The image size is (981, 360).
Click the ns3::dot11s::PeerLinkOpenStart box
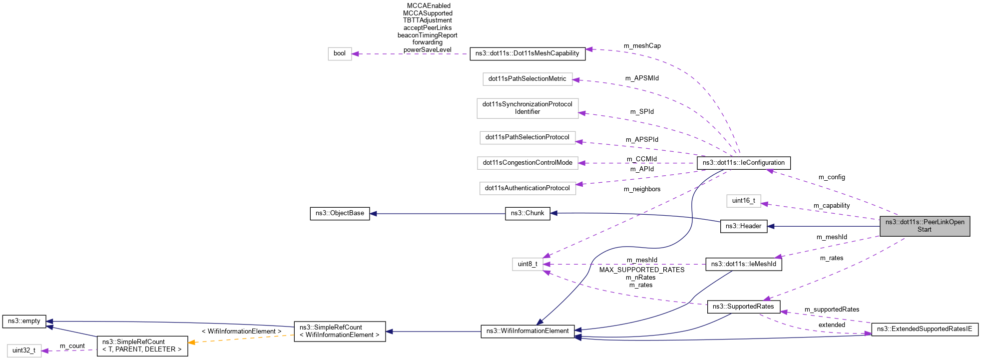pyautogui.click(x=925, y=226)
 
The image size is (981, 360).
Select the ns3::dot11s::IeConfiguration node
pyautogui.click(x=743, y=163)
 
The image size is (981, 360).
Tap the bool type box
pyautogui.click(x=340, y=54)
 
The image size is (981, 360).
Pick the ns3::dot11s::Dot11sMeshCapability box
pyautogui.click(x=527, y=53)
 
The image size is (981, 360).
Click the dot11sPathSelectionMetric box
pyautogui.click(x=527, y=79)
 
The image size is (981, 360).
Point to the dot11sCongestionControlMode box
pyautogui.click(x=527, y=163)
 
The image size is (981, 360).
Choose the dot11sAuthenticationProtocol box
pyautogui.click(x=527, y=188)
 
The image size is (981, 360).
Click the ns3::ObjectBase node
pyautogui.click(x=340, y=213)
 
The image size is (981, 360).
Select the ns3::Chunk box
pyautogui.click(x=527, y=213)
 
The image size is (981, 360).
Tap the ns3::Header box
pyautogui.click(x=743, y=226)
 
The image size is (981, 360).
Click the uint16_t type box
pyautogui.click(x=743, y=201)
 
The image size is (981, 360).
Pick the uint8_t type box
pyautogui.click(x=527, y=264)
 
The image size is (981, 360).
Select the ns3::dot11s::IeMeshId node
pyautogui.click(x=743, y=264)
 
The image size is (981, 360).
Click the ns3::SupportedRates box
pyautogui.click(x=743, y=307)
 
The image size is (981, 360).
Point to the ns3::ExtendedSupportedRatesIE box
pyautogui.click(x=925, y=329)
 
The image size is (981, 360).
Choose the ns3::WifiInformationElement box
pyautogui.click(x=527, y=331)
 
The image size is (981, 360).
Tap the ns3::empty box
pyautogui.click(x=24, y=321)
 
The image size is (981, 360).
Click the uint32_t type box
pyautogui.click(x=24, y=351)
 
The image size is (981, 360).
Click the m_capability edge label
pyautogui.click(x=831, y=206)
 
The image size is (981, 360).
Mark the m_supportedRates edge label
pyautogui.click(x=832, y=310)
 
